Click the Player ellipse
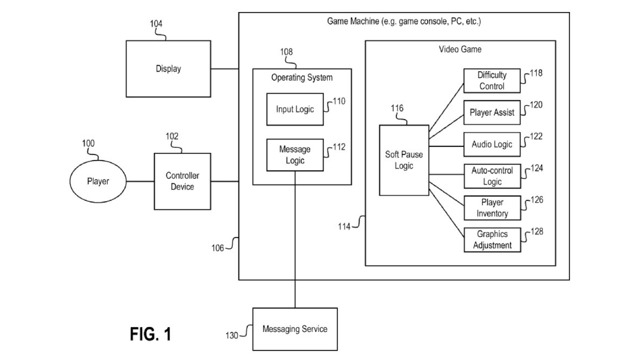tap(97, 181)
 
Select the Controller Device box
tap(182, 181)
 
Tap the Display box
tap(168, 69)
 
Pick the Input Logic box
tap(295, 109)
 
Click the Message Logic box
tap(295, 155)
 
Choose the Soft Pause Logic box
tap(404, 160)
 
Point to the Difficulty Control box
tap(492, 81)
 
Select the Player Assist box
tap(492, 113)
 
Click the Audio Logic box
tap(492, 144)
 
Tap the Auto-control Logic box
tap(492, 176)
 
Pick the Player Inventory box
tap(492, 208)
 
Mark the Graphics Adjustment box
tap(492, 239)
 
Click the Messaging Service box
tap(295, 329)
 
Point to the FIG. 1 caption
tap(150, 333)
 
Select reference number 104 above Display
tap(156, 23)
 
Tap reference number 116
tap(397, 108)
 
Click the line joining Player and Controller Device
tap(139, 181)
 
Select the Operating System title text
tap(301, 77)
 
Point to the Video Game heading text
tap(460, 49)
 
